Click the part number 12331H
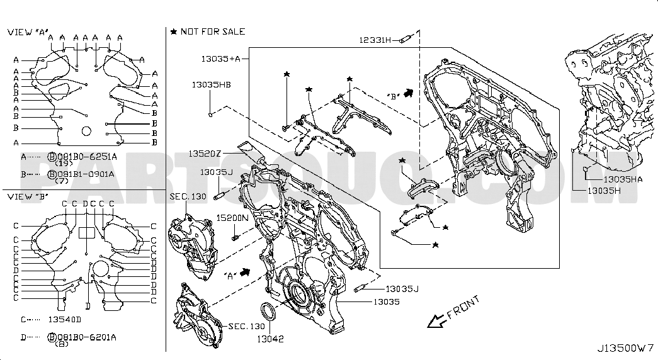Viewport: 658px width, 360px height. [375, 40]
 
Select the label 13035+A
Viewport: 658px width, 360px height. [221, 59]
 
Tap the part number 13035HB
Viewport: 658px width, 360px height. [211, 84]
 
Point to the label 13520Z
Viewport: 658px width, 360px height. [205, 154]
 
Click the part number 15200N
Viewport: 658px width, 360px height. [232, 218]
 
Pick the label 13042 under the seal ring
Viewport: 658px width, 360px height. [270, 339]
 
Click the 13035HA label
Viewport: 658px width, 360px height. [623, 179]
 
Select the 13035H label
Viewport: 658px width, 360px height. [604, 191]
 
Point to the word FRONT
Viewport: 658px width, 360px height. [463, 308]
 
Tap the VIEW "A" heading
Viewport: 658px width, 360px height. [28, 32]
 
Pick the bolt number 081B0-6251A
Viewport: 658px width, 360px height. [87, 157]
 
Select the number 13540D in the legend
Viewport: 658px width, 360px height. [65, 319]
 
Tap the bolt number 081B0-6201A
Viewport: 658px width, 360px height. [86, 337]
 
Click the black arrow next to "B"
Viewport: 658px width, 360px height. [409, 93]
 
